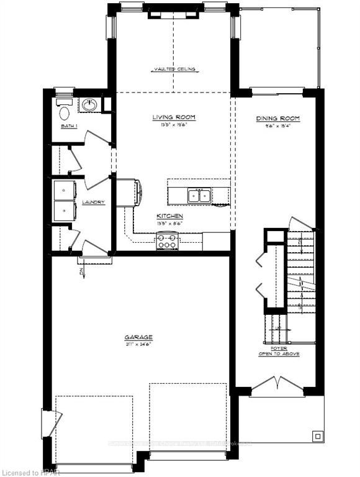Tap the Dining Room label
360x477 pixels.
pyautogui.click(x=278, y=118)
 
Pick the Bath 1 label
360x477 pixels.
pyautogui.click(x=68, y=126)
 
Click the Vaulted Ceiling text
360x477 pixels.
pyautogui.click(x=174, y=70)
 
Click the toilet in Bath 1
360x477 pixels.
pyautogui.click(x=64, y=112)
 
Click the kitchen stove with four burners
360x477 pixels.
pyautogui.click(x=168, y=241)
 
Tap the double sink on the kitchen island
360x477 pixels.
pyautogui.click(x=200, y=196)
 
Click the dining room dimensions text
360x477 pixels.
pyautogui.click(x=277, y=125)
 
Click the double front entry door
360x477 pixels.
pyautogui.click(x=277, y=385)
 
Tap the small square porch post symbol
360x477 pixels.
pyautogui.click(x=317, y=435)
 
